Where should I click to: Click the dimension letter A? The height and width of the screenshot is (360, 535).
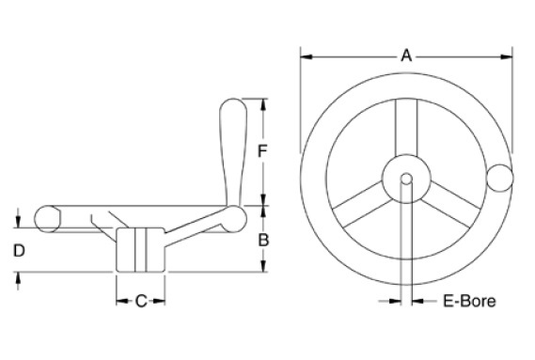[406, 55]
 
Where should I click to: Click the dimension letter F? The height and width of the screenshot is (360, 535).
[264, 150]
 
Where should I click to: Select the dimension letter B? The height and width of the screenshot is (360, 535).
[264, 240]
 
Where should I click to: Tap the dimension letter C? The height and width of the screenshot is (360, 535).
[140, 302]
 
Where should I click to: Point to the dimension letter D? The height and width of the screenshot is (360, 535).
[18, 250]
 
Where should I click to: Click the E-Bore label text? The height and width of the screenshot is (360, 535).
[468, 302]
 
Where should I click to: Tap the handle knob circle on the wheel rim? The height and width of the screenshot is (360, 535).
[501, 176]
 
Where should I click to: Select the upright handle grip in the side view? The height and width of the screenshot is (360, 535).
[232, 150]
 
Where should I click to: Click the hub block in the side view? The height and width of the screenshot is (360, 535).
[140, 248]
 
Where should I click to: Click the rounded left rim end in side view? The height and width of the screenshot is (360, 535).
[44, 217]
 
